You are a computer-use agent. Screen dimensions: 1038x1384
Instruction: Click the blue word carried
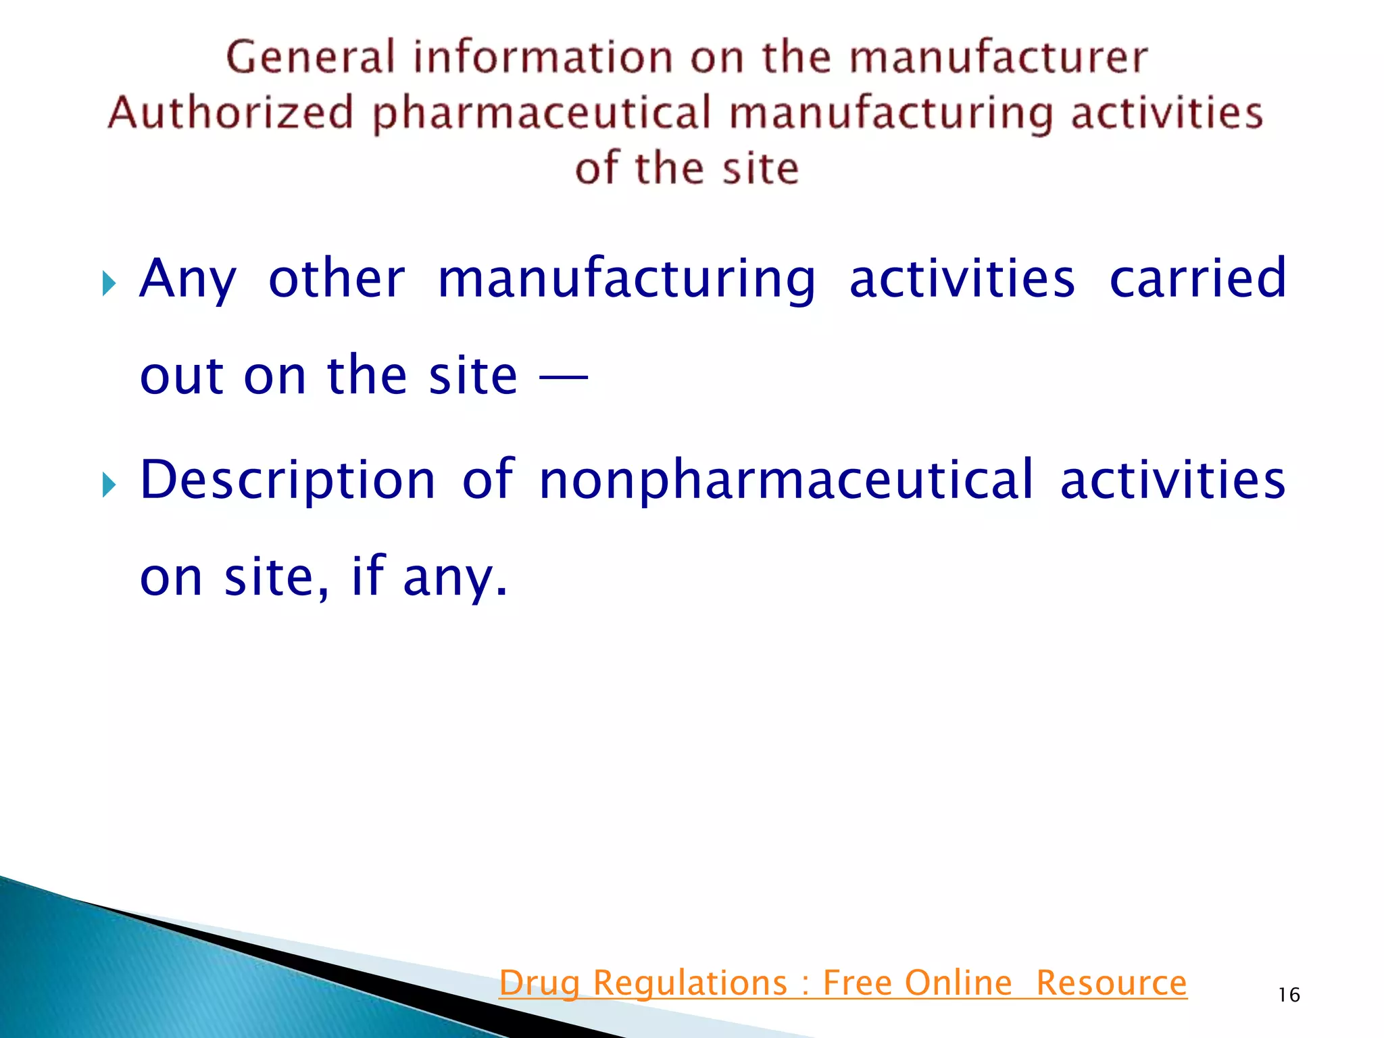(1197, 278)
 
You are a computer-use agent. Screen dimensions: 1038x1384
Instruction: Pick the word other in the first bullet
(337, 278)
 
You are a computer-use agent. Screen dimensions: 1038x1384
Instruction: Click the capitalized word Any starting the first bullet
(188, 280)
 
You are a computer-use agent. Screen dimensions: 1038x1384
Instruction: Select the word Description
(288, 481)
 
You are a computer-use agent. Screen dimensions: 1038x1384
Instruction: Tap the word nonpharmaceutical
(787, 481)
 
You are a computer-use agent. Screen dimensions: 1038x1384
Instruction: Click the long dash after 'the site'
(563, 378)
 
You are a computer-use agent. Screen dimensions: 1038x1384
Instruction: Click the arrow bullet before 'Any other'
(109, 283)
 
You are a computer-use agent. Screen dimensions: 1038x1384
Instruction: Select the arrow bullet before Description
(109, 485)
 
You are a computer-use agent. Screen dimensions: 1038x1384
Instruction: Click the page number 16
(1289, 995)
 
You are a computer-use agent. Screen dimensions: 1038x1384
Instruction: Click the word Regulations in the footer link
(690, 983)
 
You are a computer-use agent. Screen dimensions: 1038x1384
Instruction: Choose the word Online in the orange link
(958, 983)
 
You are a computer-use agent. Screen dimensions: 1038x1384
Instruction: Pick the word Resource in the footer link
(1111, 983)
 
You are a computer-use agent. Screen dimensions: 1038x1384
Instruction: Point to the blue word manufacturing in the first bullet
(626, 280)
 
